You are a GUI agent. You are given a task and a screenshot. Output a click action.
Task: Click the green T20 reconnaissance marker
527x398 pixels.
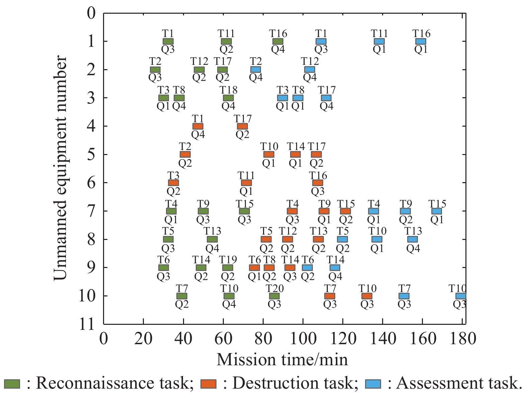tap(274, 296)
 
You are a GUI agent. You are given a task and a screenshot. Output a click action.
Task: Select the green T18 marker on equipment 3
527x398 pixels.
tap(228, 98)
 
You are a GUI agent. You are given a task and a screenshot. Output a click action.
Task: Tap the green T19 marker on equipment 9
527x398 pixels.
tap(228, 267)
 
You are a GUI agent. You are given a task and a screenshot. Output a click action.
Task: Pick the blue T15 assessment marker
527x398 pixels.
tap(436, 211)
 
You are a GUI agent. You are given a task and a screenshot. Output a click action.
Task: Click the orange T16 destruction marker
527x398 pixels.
tap(318, 182)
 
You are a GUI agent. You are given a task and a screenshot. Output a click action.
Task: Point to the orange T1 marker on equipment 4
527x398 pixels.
tap(198, 126)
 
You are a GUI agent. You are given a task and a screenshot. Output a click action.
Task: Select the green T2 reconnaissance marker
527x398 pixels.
tap(155, 70)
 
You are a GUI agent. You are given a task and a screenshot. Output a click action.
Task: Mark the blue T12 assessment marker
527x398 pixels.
tap(310, 70)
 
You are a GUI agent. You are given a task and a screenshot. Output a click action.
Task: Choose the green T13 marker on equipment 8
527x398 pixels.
tap(212, 239)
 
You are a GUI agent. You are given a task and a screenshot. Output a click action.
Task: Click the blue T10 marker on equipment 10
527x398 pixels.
tap(461, 296)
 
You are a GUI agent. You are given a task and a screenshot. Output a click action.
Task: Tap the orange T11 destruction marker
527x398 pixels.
tap(246, 182)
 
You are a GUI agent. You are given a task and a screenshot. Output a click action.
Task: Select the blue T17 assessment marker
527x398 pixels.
tap(326, 98)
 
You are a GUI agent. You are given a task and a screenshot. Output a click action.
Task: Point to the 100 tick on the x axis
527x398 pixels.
tap(303, 323)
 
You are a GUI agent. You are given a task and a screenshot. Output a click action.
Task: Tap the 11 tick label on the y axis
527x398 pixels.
tap(87, 324)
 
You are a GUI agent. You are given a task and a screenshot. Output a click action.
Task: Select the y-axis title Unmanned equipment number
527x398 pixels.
tap(60, 168)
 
